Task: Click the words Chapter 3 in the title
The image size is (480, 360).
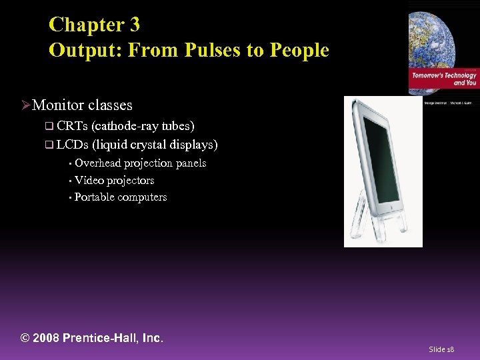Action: click(x=94, y=25)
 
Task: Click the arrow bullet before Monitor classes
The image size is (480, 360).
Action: click(x=26, y=105)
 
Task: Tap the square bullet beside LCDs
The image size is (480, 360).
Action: click(x=48, y=145)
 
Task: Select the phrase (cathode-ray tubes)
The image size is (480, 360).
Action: click(x=143, y=125)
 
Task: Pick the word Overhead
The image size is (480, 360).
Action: click(x=97, y=163)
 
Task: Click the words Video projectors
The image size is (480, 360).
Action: click(x=114, y=180)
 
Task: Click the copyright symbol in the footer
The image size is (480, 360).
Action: click(x=25, y=338)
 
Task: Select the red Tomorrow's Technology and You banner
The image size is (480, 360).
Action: click(x=443, y=80)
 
